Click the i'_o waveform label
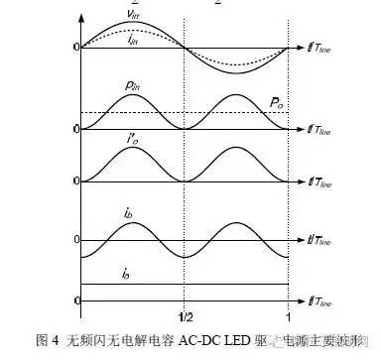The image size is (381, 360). (x=132, y=143)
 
